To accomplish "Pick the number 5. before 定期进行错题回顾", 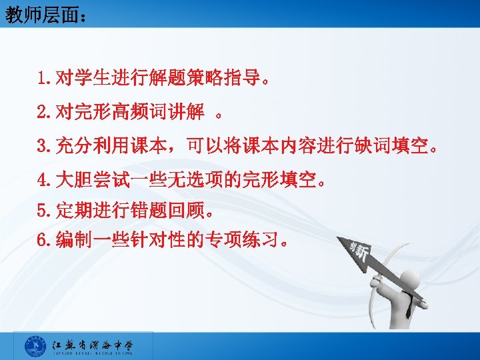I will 46,212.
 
